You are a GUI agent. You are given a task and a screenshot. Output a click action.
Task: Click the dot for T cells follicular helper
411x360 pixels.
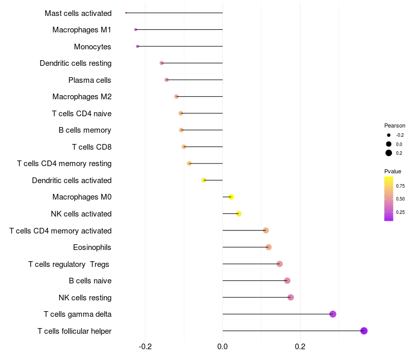pyautogui.click(x=364, y=331)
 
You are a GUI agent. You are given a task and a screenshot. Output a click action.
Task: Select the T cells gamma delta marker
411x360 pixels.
pyautogui.click(x=332, y=314)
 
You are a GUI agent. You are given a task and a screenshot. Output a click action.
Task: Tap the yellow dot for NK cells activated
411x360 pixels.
pyautogui.click(x=238, y=213)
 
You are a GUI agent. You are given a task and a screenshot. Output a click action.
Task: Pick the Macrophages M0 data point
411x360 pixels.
pyautogui.click(x=231, y=197)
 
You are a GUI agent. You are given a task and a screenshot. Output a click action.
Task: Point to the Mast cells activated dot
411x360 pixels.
pyautogui.click(x=126, y=13)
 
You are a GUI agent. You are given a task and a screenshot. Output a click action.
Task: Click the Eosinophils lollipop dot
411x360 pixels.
pyautogui.click(x=268, y=247)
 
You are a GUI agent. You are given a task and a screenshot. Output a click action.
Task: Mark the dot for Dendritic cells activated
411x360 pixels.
pyautogui.click(x=204, y=180)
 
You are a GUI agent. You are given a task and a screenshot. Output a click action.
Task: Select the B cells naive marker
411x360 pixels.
pyautogui.click(x=287, y=280)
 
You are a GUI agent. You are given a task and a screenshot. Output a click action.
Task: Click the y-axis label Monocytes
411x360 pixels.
pyautogui.click(x=92, y=47)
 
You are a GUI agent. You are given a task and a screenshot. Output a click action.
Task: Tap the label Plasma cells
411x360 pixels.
pyautogui.click(x=90, y=80)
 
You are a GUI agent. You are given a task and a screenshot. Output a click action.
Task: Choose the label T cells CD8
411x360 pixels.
pyautogui.click(x=91, y=147)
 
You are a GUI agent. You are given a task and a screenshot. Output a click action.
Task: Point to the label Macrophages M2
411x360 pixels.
pyautogui.click(x=82, y=97)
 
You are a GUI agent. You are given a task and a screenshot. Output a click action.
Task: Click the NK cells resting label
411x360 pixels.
pyautogui.click(x=85, y=297)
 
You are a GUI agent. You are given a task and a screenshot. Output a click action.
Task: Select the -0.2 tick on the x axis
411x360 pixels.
pyautogui.click(x=145, y=346)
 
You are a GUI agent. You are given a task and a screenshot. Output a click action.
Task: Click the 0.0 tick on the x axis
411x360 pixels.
pyautogui.click(x=222, y=346)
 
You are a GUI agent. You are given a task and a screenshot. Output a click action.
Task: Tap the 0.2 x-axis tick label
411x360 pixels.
pyautogui.click(x=300, y=346)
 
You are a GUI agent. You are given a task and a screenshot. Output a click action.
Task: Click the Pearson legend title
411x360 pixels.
pyautogui.click(x=395, y=125)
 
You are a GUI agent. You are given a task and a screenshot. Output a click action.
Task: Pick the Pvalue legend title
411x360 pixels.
pyautogui.click(x=393, y=171)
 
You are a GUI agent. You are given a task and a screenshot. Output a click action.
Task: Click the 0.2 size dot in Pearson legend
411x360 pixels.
pyautogui.click(x=389, y=153)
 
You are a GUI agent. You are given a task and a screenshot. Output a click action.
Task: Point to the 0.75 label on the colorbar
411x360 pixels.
pyautogui.click(x=400, y=186)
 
